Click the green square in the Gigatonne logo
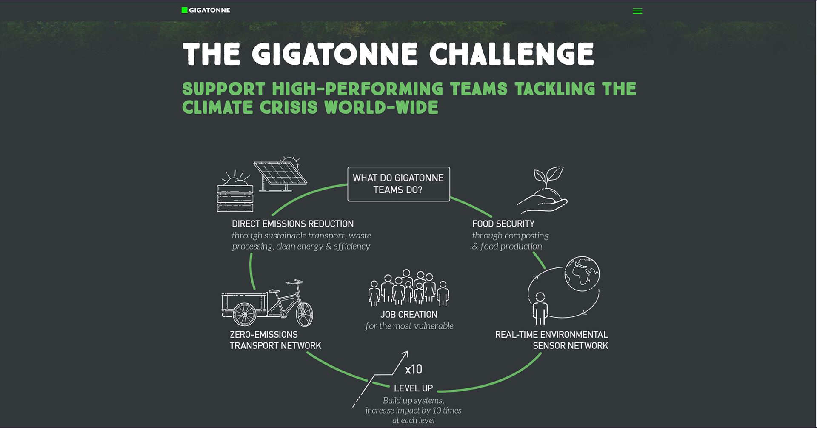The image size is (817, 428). (184, 10)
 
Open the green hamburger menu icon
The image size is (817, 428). (637, 11)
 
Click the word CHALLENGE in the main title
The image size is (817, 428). (511, 54)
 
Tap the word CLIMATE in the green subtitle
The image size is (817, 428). (218, 107)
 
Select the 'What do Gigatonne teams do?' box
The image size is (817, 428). (399, 184)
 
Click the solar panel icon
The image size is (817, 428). (280, 174)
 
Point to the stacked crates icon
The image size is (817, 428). (235, 198)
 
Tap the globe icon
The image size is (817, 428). (582, 274)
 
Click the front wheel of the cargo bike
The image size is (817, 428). (304, 314)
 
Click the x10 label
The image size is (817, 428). (414, 369)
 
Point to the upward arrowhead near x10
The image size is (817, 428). (406, 353)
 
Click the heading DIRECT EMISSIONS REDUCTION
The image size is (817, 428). (293, 224)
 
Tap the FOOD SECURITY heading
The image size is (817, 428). (503, 224)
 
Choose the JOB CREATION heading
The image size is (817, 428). (409, 315)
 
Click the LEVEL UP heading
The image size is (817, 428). (414, 388)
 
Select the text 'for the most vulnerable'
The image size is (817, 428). (409, 326)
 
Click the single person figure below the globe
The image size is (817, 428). (540, 308)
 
